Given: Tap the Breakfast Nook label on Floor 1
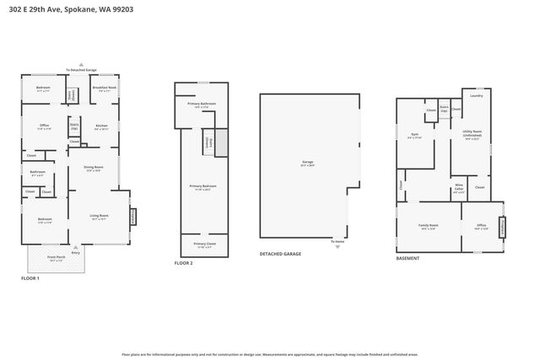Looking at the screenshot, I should tap(104, 89).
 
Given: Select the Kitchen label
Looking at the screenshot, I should tap(102, 126).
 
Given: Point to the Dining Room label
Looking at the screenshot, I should tap(93, 169).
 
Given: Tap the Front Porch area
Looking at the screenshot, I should tap(57, 258).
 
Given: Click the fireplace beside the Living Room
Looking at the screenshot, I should tap(132, 217).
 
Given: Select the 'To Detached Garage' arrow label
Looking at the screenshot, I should tap(81, 70).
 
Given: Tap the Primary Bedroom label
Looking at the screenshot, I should tap(202, 187).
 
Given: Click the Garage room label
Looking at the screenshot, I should tap(307, 164).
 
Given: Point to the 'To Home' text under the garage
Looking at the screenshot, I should tap(337, 242).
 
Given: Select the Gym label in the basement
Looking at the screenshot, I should tap(414, 135).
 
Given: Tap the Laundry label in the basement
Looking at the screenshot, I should tap(476, 96).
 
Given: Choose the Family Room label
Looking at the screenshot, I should tap(429, 226).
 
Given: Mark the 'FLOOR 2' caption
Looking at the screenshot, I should tap(183, 263).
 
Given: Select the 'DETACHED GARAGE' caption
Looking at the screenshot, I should tap(281, 253).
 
